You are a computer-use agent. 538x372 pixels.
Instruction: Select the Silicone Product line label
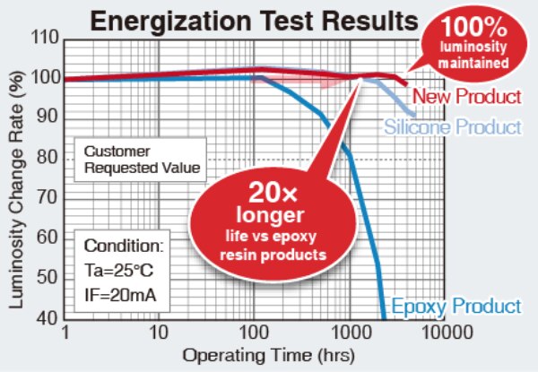(453, 127)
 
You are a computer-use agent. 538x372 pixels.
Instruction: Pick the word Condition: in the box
(124, 244)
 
